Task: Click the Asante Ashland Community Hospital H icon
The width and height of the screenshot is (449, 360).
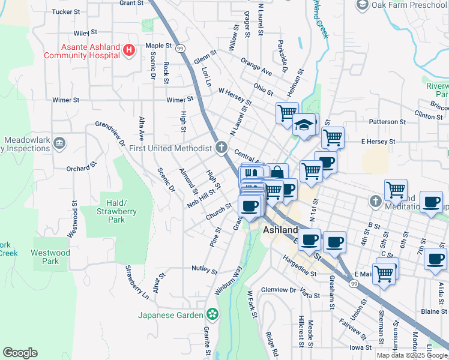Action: click(128, 50)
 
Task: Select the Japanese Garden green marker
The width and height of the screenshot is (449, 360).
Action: click(211, 314)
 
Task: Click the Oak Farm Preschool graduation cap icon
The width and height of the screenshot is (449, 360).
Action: click(362, 5)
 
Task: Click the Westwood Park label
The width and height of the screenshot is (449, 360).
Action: click(50, 257)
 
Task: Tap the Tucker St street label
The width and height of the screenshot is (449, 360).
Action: click(66, 11)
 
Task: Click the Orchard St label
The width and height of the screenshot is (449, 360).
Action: click(81, 167)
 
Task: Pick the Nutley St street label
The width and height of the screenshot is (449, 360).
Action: click(204, 269)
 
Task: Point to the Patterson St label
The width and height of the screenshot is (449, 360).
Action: click(387, 122)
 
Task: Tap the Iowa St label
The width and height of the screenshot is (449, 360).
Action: click(361, 347)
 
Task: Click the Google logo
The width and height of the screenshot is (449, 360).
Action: click(20, 353)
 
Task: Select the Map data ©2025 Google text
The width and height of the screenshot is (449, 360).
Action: click(412, 355)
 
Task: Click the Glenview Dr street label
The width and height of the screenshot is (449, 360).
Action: click(279, 290)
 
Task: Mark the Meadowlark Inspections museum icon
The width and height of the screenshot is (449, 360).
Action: click(59, 143)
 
